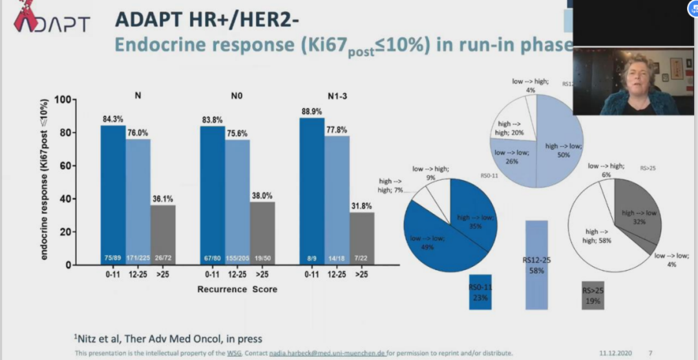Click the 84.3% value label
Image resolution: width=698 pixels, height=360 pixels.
click(112, 119)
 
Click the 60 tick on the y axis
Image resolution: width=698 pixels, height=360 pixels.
click(65, 165)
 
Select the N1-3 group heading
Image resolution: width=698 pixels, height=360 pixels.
click(337, 96)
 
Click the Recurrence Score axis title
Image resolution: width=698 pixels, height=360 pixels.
click(237, 289)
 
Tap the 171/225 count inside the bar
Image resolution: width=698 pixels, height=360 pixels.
click(137, 257)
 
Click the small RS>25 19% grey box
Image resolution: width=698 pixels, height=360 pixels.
click(593, 295)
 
